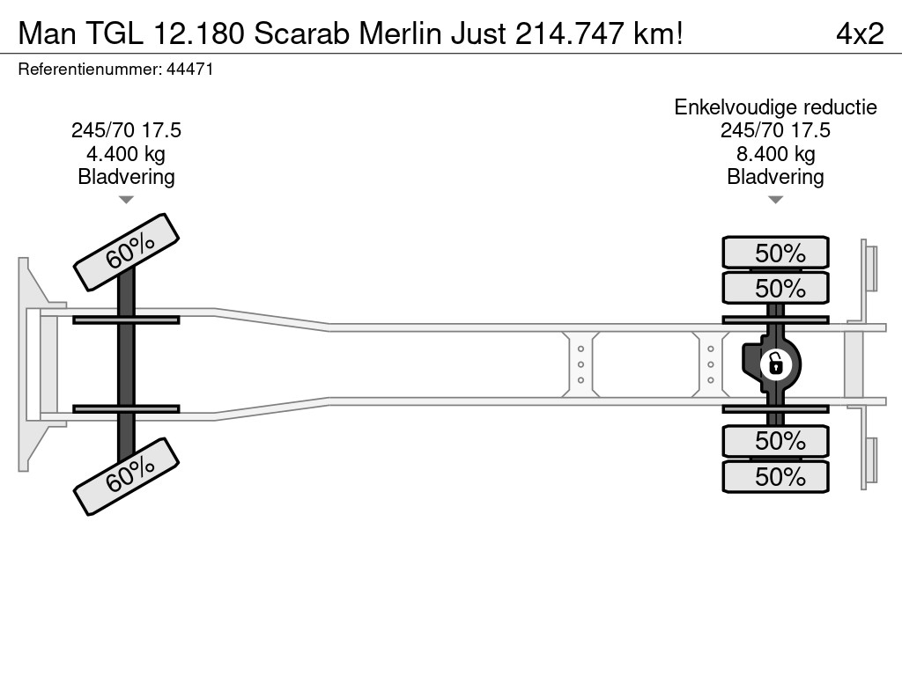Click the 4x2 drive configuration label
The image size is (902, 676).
click(x=860, y=33)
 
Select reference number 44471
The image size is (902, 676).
click(x=190, y=70)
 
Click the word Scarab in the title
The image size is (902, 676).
click(x=301, y=33)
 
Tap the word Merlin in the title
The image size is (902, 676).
click(x=401, y=33)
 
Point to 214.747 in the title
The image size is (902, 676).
click(x=569, y=33)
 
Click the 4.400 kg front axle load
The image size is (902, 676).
click(x=126, y=154)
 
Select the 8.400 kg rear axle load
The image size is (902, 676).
click(x=775, y=154)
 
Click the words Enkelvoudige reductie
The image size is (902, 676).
click(x=775, y=107)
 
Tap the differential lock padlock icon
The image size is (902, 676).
click(x=775, y=364)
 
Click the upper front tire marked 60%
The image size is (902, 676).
click(x=127, y=253)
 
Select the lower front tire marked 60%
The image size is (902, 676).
click(x=127, y=476)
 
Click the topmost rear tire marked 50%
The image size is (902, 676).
click(x=775, y=253)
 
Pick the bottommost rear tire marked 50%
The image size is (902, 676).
click(x=775, y=476)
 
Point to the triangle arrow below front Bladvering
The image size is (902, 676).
click(x=126, y=200)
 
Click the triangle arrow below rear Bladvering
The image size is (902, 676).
click(x=775, y=200)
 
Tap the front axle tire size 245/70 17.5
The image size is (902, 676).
click(x=126, y=130)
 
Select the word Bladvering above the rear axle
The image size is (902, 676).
click(x=775, y=177)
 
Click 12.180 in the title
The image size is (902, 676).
click(x=199, y=33)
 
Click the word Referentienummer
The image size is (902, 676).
click(x=90, y=70)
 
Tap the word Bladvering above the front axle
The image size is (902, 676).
click(x=126, y=177)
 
